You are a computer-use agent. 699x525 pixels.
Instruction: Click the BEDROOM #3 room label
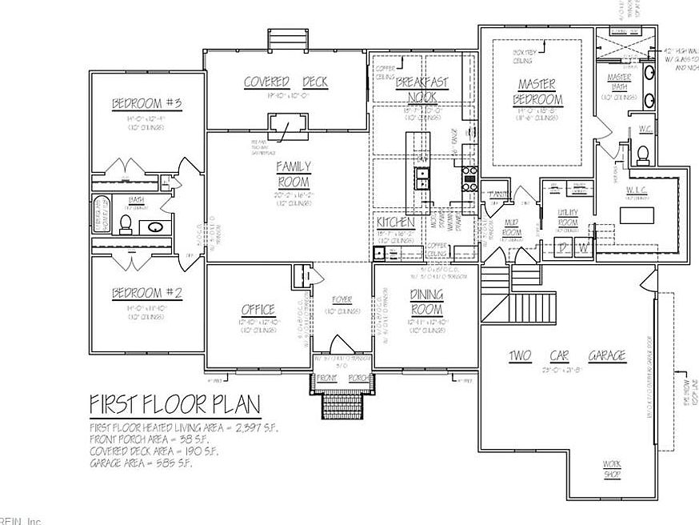[147, 104]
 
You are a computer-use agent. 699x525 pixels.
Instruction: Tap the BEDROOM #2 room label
[147, 293]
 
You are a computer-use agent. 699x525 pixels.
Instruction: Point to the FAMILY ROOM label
[294, 173]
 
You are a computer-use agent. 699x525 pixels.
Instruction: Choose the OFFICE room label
[258, 310]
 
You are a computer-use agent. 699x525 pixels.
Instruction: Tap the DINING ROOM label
[426, 302]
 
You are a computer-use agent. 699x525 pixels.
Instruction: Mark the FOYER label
[342, 300]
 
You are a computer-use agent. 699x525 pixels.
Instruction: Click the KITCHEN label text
[395, 222]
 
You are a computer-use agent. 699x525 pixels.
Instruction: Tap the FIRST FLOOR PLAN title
[174, 402]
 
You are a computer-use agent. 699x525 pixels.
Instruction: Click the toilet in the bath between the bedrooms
[126, 223]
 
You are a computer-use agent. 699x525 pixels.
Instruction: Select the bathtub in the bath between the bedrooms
[102, 214]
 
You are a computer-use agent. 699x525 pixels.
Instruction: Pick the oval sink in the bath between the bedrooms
[154, 227]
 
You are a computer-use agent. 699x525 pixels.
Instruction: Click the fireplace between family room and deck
[286, 126]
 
